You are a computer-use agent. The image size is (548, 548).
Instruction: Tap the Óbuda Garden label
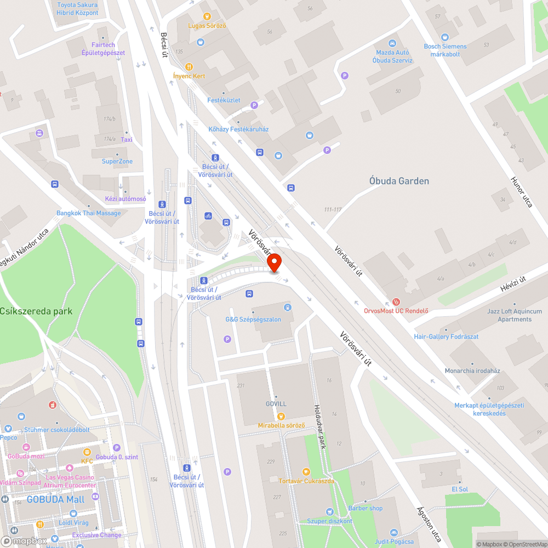[399, 181]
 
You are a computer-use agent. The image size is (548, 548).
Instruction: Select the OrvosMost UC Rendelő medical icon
[396, 301]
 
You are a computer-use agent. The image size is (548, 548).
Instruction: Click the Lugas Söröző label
[207, 26]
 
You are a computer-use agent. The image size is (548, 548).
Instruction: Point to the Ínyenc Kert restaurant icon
[189, 66]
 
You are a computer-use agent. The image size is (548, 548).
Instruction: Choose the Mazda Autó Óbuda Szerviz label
[392, 56]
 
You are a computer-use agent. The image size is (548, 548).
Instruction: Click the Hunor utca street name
[521, 192]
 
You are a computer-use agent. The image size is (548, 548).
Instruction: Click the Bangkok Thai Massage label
[89, 213]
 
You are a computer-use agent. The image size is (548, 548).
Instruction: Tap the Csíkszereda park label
[36, 311]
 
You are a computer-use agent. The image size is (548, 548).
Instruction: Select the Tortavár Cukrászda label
[306, 481]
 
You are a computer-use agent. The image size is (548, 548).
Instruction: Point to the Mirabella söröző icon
[281, 416]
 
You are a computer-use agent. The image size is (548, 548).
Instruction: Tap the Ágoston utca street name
[428, 524]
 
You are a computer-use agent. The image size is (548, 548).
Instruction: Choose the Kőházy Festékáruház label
[238, 129]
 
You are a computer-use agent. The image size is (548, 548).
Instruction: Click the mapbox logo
[24, 541]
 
